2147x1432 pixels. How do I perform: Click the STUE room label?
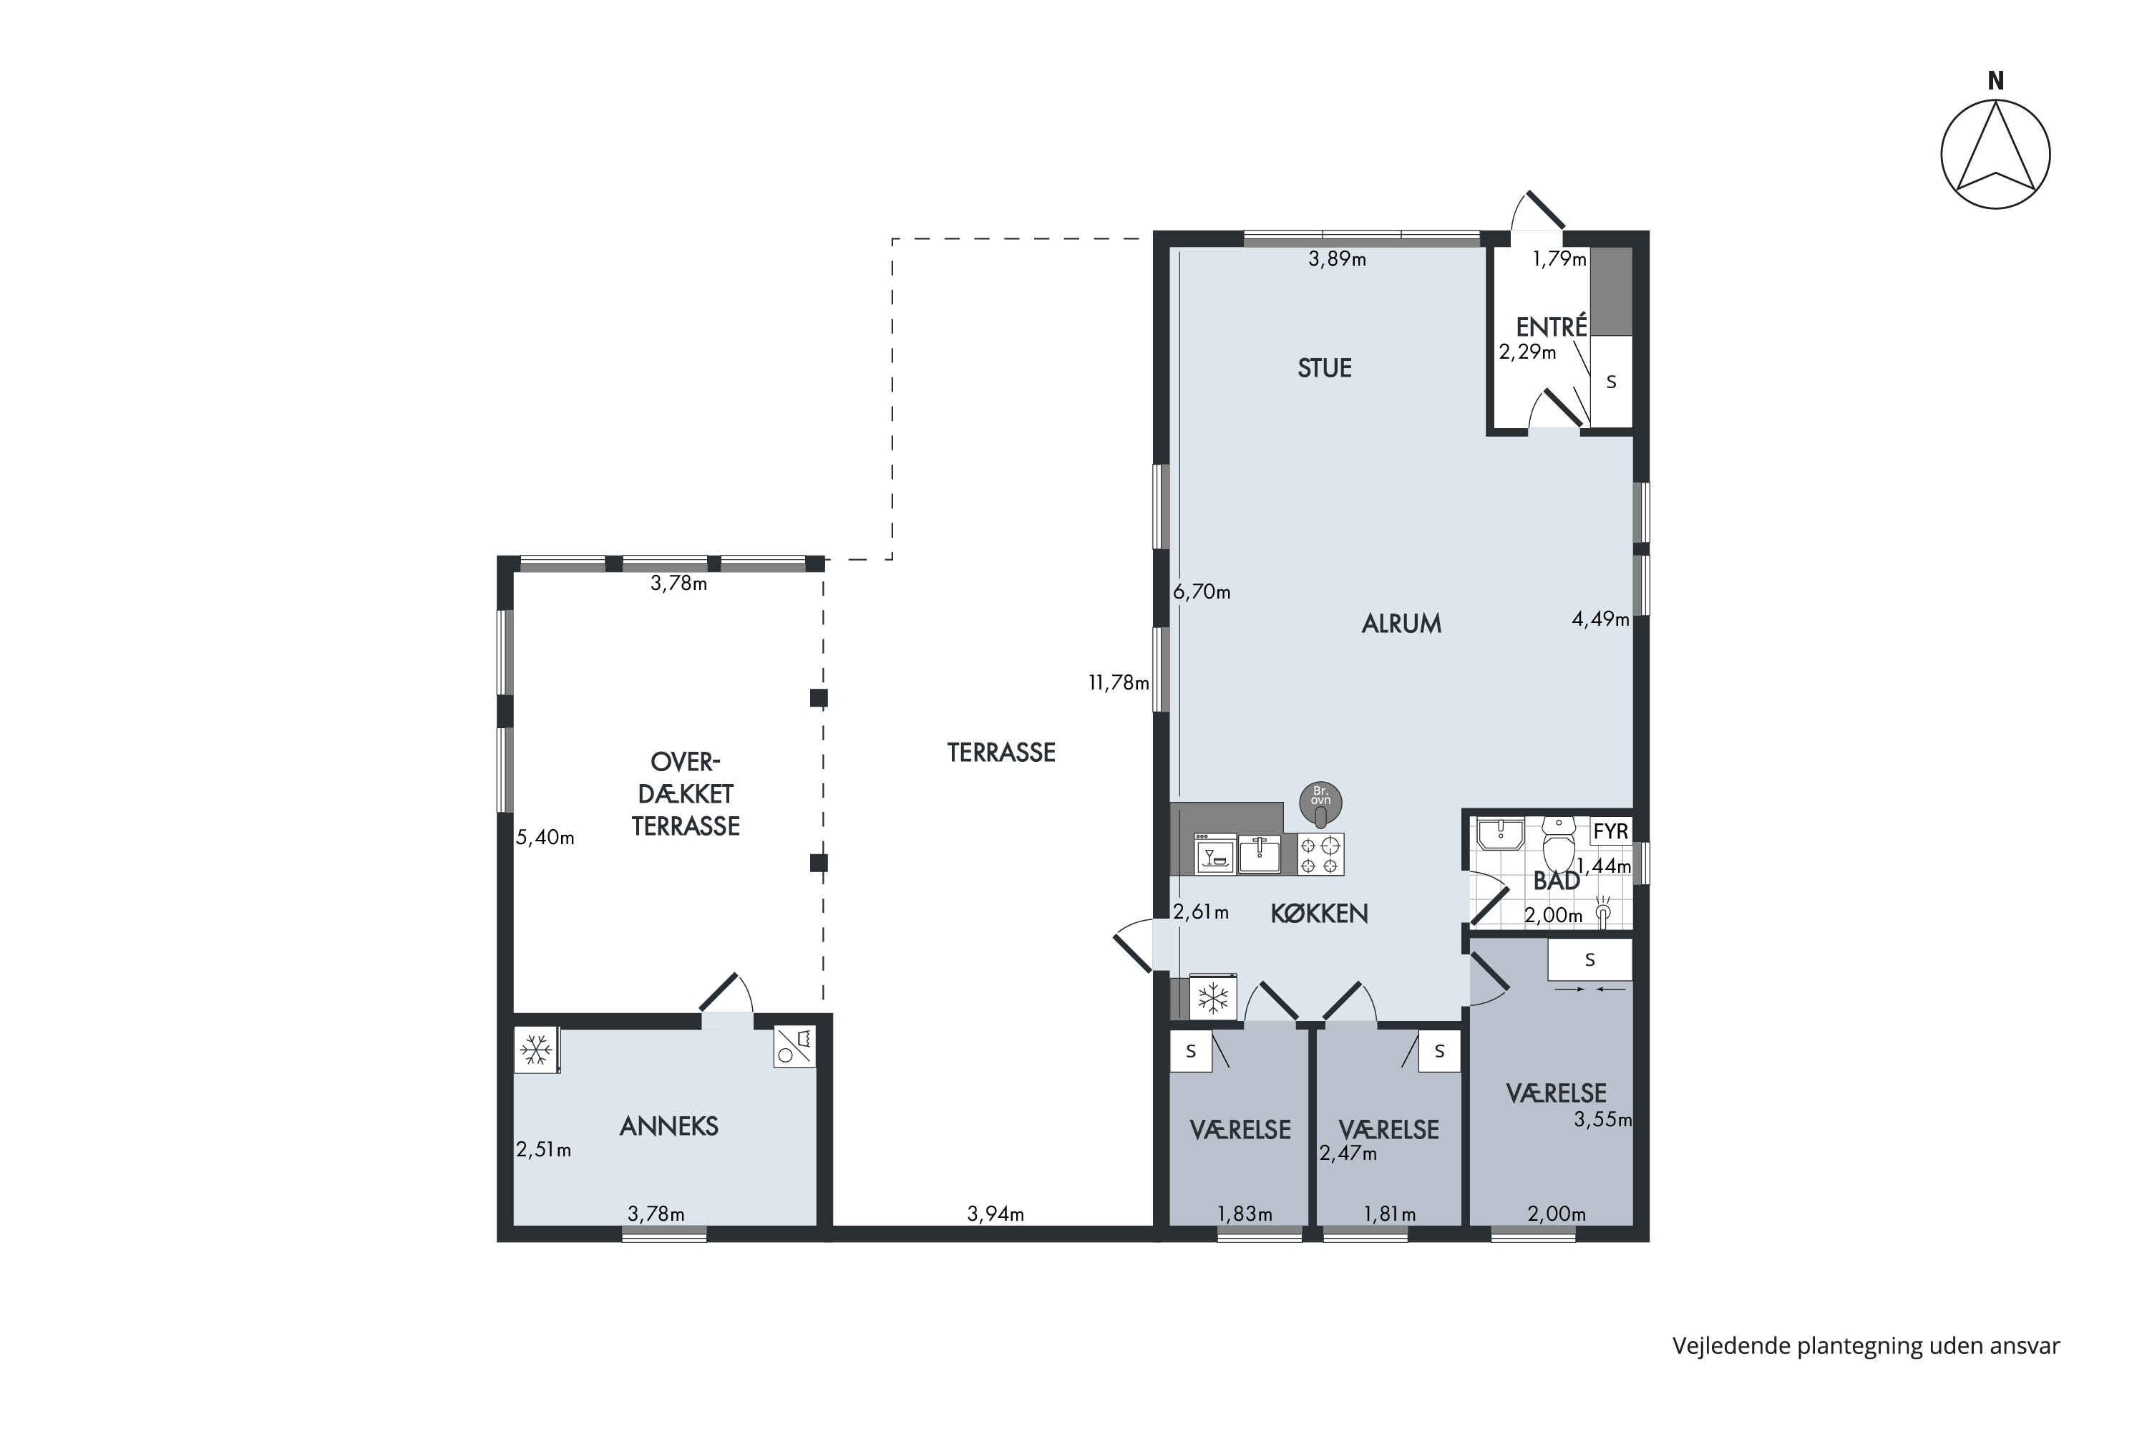pos(1325,368)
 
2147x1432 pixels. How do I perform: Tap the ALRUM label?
pos(1401,624)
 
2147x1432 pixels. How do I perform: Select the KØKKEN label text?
pos(1319,914)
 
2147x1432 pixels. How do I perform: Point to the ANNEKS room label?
pos(669,1126)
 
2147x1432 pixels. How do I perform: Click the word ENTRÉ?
pos(1552,325)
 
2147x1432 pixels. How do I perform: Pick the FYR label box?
pos(1610,831)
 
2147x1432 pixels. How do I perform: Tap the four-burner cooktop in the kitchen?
pos(1320,855)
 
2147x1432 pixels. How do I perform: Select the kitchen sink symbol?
pos(1260,855)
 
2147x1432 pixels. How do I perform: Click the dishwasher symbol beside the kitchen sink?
pos(1215,855)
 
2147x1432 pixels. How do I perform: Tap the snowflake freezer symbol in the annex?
pos(536,1050)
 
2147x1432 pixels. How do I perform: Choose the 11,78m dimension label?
pos(1118,682)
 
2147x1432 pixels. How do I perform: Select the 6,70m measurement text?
pos(1202,592)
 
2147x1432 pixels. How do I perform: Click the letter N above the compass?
pos(1995,82)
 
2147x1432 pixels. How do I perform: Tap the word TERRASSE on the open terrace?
pos(1001,753)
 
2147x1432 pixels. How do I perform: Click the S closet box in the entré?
pos(1611,382)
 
